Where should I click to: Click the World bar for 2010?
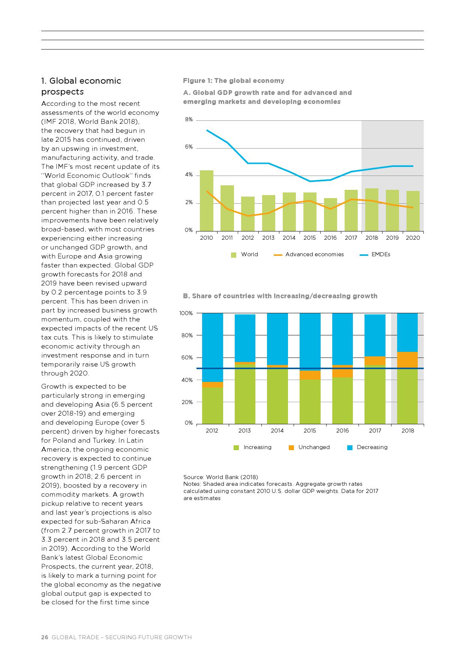[x=206, y=201]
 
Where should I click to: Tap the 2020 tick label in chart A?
[x=413, y=238]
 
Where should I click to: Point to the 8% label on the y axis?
[x=189, y=120]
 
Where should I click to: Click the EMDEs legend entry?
[x=375, y=254]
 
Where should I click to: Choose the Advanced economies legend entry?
[x=309, y=254]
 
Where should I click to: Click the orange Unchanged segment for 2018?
[x=407, y=360]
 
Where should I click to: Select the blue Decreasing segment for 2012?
[x=212, y=347]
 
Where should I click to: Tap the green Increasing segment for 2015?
[x=310, y=401]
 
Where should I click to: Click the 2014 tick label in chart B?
[x=277, y=431]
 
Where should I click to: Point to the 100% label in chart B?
[x=186, y=313]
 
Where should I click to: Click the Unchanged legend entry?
[x=310, y=447]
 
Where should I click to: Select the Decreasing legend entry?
[x=367, y=447]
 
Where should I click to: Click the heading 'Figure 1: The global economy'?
[x=234, y=81]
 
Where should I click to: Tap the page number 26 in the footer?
[x=45, y=637]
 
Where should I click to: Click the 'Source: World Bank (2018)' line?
[x=220, y=477]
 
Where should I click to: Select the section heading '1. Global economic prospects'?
[x=81, y=86]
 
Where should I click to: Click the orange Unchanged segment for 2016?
[x=342, y=371]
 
